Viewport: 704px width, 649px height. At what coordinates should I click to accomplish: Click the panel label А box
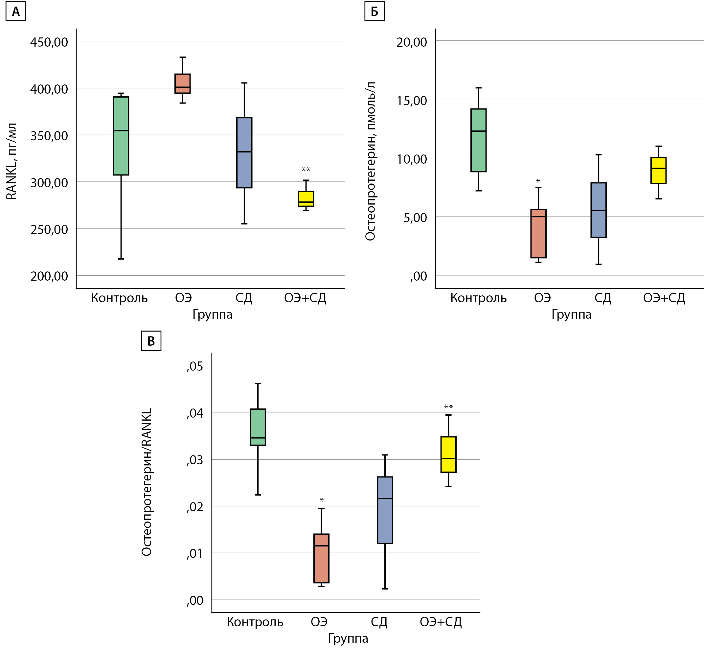16,12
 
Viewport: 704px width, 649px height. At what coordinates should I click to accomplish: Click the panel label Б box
374,12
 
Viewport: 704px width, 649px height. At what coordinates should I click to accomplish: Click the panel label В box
151,341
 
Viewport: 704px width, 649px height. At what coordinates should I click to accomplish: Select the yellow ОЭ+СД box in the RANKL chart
306,199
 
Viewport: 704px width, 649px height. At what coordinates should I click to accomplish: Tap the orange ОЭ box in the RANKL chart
183,83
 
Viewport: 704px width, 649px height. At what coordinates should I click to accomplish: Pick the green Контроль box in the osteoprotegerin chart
478,140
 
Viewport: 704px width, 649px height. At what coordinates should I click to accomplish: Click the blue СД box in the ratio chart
385,510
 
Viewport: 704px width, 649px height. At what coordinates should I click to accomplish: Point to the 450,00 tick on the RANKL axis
49,42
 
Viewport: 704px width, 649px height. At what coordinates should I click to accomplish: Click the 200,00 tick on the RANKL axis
49,276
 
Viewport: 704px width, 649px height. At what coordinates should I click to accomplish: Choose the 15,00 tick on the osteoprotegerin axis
412,101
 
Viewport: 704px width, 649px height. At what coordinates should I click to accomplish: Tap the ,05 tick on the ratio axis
195,366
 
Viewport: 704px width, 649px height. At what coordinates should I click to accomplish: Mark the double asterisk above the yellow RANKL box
306,170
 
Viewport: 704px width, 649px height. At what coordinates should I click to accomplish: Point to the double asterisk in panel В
448,407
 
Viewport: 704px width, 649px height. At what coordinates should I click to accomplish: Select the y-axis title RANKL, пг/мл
11,162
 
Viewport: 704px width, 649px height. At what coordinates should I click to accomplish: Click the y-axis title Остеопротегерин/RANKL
147,482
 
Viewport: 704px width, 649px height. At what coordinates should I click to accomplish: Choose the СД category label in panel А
244,298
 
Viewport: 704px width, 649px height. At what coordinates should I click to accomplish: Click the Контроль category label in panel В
255,622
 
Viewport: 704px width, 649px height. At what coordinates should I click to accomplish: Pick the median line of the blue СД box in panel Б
598,210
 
